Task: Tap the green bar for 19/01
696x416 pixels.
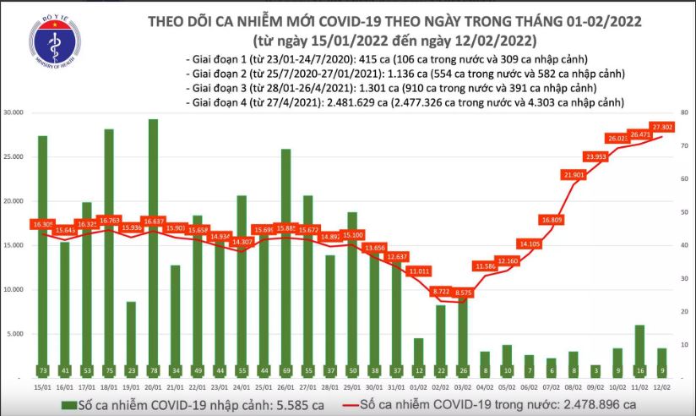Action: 130,338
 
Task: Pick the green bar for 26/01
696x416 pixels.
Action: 285,262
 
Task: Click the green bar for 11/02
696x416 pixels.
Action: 640,351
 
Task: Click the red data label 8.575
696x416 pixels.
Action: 463,291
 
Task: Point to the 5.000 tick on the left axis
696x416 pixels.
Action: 16,334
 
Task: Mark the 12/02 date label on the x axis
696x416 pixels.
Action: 663,386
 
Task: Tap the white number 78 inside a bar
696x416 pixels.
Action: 153,370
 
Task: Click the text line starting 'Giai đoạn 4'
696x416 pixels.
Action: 405,102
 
